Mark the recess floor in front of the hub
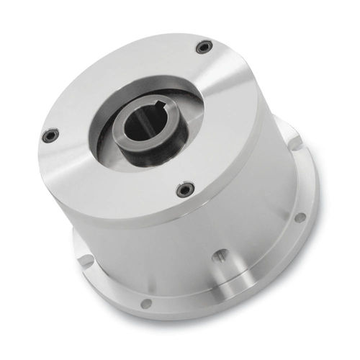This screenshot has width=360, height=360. (x=144, y=170)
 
